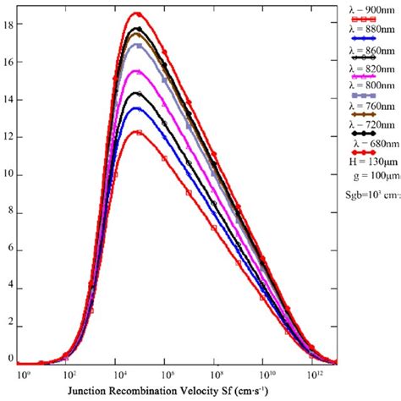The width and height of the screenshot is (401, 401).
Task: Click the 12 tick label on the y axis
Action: tap(8, 136)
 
